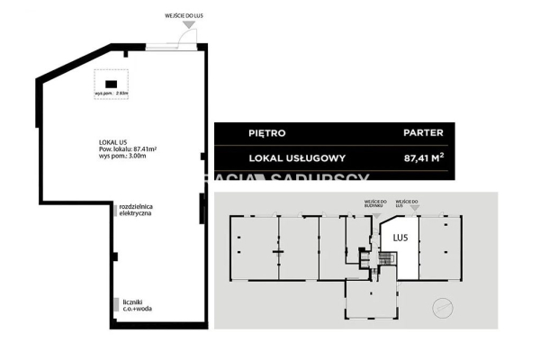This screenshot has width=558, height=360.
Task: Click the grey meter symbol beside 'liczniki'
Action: (114, 306)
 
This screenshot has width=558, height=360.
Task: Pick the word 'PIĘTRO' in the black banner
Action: (267, 133)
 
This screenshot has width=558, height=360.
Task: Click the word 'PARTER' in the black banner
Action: (423, 133)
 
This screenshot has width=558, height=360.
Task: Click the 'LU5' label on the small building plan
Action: (400, 237)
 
